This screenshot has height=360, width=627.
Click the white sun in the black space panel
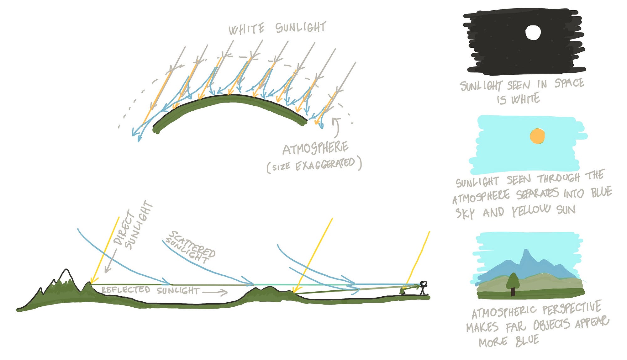click(x=533, y=33)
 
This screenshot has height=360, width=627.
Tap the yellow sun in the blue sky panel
click(x=537, y=136)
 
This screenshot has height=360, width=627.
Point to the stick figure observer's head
click(x=423, y=284)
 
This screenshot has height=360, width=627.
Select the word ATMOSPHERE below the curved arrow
click(x=315, y=148)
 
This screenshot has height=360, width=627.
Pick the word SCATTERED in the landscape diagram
click(x=192, y=244)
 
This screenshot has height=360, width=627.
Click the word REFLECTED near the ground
click(x=126, y=289)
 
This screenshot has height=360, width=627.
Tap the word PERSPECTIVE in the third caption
click(x=572, y=308)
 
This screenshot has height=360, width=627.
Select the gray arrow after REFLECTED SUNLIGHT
click(x=215, y=293)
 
